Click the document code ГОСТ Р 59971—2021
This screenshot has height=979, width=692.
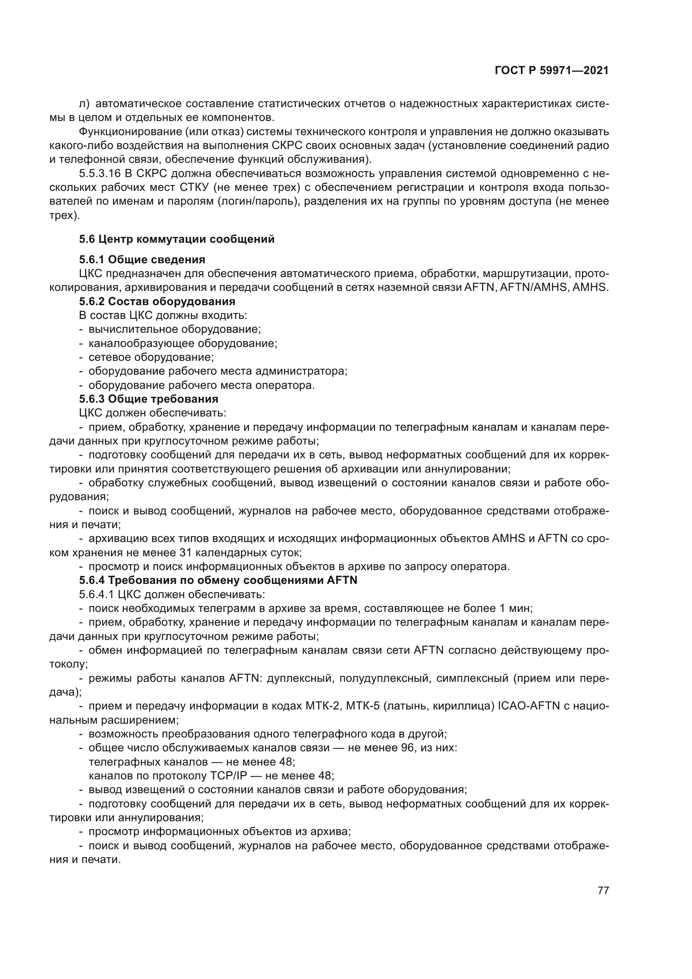(552, 71)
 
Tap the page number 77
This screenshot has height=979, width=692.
(603, 890)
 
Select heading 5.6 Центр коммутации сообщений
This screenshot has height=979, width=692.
(177, 239)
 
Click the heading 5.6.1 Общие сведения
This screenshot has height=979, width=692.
(142, 260)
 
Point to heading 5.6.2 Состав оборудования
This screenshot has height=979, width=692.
(157, 301)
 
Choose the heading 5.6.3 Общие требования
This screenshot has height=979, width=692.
(149, 399)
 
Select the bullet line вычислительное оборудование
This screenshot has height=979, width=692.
(175, 329)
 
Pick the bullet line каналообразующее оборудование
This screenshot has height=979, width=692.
(183, 343)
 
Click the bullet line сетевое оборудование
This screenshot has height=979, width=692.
(151, 357)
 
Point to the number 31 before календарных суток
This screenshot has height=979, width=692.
(192, 553)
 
